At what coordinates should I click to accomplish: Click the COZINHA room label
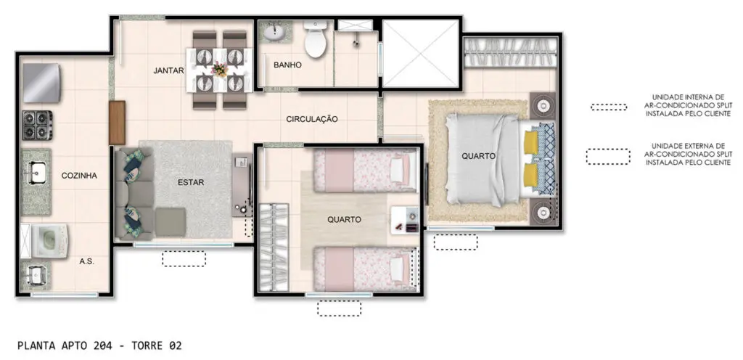point(79,176)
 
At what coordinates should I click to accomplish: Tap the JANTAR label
point(168,71)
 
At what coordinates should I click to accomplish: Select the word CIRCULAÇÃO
point(312,119)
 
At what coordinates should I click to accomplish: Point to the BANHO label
point(287,65)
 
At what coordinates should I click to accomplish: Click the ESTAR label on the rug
point(191,182)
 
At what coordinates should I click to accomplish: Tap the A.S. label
point(87,261)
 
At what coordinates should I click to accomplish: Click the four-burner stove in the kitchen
point(38,125)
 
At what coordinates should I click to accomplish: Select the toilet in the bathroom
point(316,38)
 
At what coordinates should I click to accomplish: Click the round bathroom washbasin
point(274,32)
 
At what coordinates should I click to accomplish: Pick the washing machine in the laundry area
point(49,241)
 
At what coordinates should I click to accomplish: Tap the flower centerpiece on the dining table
point(219,70)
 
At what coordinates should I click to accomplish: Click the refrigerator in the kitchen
point(41,83)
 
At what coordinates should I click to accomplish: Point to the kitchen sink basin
point(36,173)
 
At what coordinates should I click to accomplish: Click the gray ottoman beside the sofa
point(170,222)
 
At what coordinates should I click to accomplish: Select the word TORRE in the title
point(146,345)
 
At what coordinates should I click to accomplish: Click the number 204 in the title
point(103,345)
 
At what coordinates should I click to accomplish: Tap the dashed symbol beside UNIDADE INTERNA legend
point(609,107)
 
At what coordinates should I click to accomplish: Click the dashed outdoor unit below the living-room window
point(184,258)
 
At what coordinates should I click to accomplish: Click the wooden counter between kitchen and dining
point(117,123)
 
